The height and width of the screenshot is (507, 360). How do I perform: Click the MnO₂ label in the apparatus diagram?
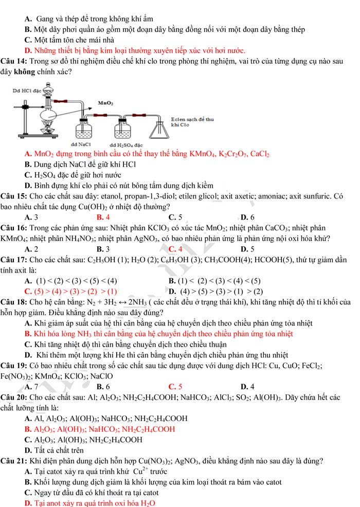(x=105, y=103)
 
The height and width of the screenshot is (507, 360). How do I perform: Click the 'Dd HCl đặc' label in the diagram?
(x=29, y=90)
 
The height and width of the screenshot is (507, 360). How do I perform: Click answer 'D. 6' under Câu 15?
(x=247, y=216)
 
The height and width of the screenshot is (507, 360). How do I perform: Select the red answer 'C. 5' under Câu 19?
(x=175, y=386)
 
